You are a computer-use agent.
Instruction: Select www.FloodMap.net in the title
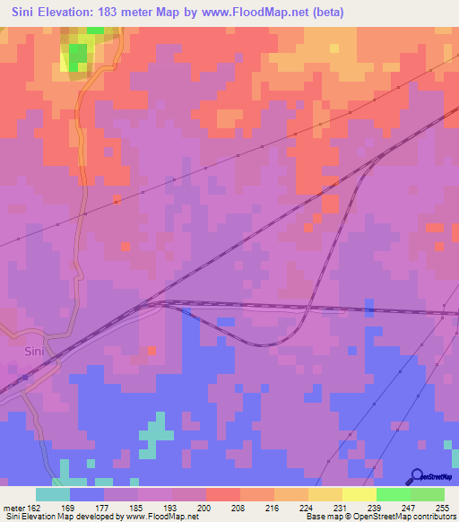(266, 12)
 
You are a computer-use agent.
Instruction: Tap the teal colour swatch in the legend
(53, 494)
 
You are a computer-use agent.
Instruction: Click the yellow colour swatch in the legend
(359, 494)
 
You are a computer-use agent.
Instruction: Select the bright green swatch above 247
(393, 494)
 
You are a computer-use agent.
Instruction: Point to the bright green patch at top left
(79, 54)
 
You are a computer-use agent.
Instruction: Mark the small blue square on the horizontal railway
(370, 309)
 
